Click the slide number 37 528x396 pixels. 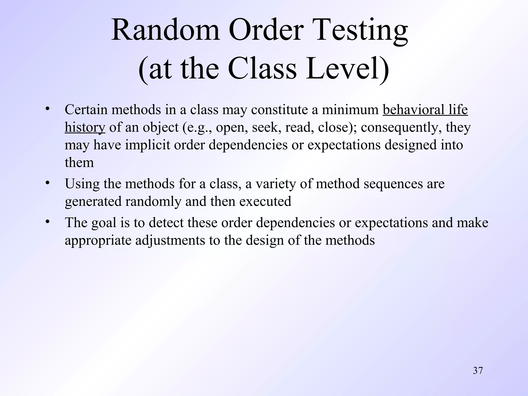pos(478,370)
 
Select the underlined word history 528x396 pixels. pos(85,127)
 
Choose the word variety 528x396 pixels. pos(274,184)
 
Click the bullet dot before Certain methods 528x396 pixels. pos(47,109)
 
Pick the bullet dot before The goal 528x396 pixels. pos(47,221)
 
